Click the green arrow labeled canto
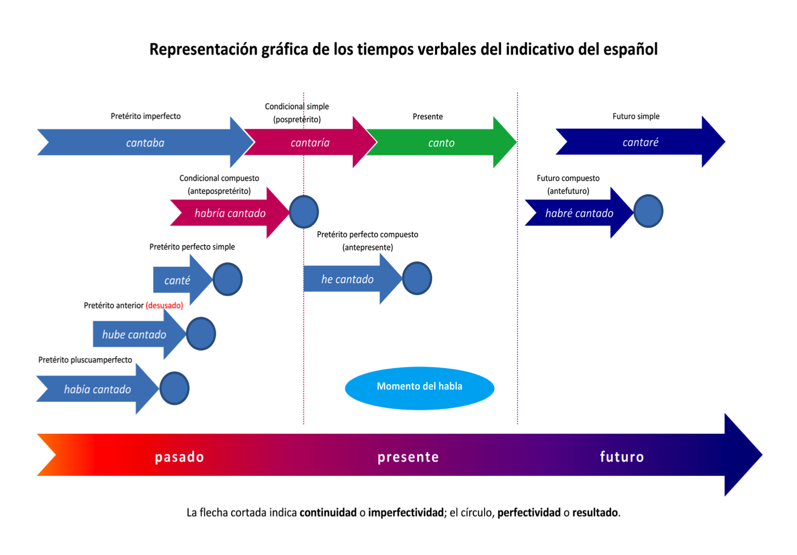[441, 143]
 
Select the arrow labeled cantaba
[145, 143]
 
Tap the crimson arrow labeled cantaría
[310, 143]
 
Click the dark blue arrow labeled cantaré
[640, 142]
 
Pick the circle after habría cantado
[304, 212]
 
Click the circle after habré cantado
[648, 211]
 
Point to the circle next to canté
[228, 279]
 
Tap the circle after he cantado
[417, 278]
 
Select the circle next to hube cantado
[201, 334]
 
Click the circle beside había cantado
[175, 388]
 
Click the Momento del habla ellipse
[420, 387]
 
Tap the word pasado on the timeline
[179, 457]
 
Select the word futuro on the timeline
[622, 457]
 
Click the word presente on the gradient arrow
[408, 457]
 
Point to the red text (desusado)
[164, 305]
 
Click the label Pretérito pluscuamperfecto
[85, 360]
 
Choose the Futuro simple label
[636, 116]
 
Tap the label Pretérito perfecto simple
[192, 247]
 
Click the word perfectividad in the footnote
[529, 512]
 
